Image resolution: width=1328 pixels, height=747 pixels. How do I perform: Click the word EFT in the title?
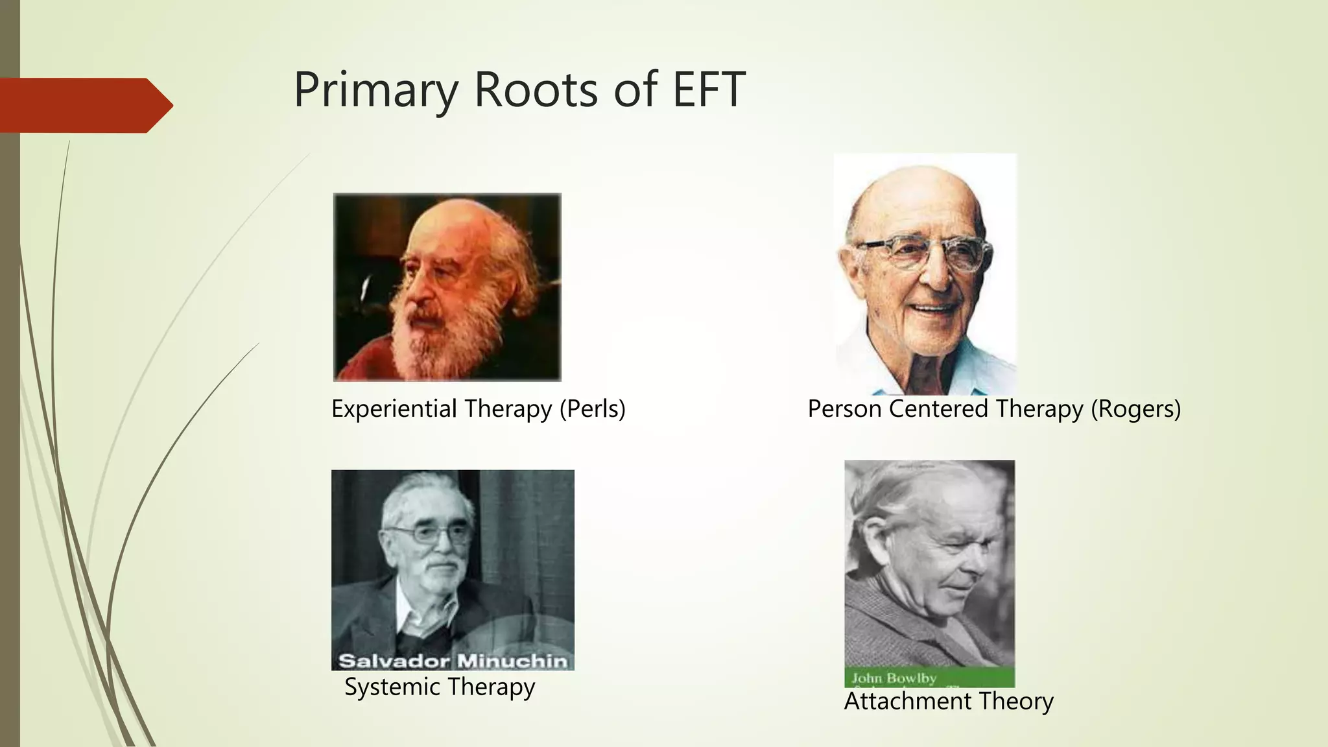tap(709, 89)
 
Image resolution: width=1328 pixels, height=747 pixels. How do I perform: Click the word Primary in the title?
tap(376, 91)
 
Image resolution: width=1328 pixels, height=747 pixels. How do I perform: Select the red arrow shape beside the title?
tap(84, 105)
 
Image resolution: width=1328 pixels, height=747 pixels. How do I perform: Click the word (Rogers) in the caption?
tap(1135, 409)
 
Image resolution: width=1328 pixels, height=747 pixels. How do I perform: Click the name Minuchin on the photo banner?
tap(512, 661)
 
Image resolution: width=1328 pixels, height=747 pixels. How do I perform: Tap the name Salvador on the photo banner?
tap(394, 661)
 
